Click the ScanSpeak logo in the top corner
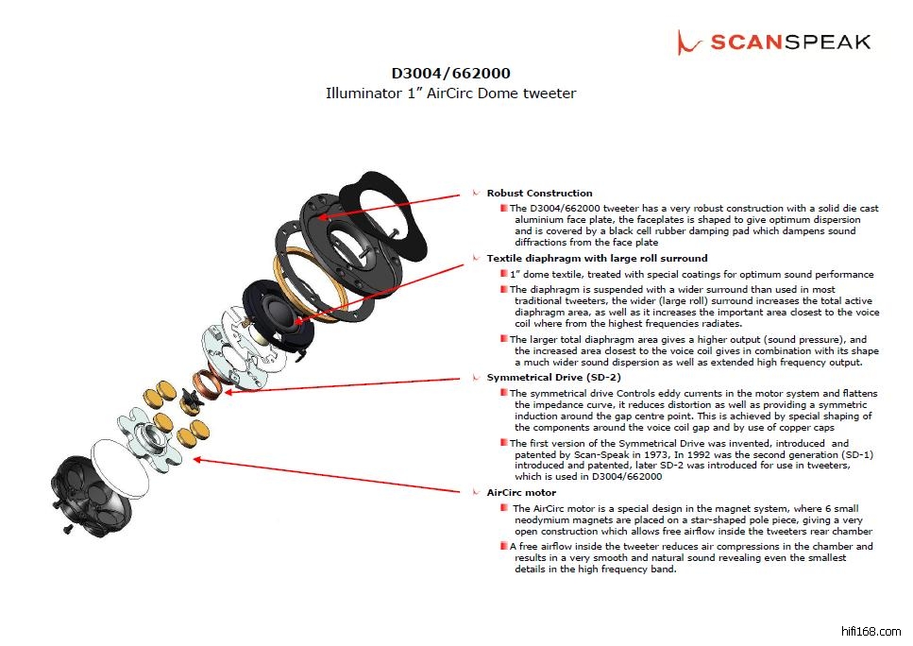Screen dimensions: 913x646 point(774,42)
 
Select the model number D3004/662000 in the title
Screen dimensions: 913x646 point(450,74)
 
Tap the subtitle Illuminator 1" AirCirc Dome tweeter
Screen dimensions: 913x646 point(450,93)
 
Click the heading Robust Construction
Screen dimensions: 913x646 point(539,194)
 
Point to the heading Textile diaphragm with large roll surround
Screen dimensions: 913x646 point(597,258)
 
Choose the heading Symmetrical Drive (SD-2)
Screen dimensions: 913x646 point(553,378)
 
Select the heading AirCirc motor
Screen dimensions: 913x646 point(521,493)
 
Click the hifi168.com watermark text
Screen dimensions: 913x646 point(871,632)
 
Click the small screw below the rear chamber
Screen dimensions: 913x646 point(68,529)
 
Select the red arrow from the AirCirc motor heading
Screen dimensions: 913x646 point(327,475)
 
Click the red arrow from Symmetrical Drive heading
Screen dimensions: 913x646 point(343,385)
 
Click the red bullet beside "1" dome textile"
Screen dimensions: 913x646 point(503,274)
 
